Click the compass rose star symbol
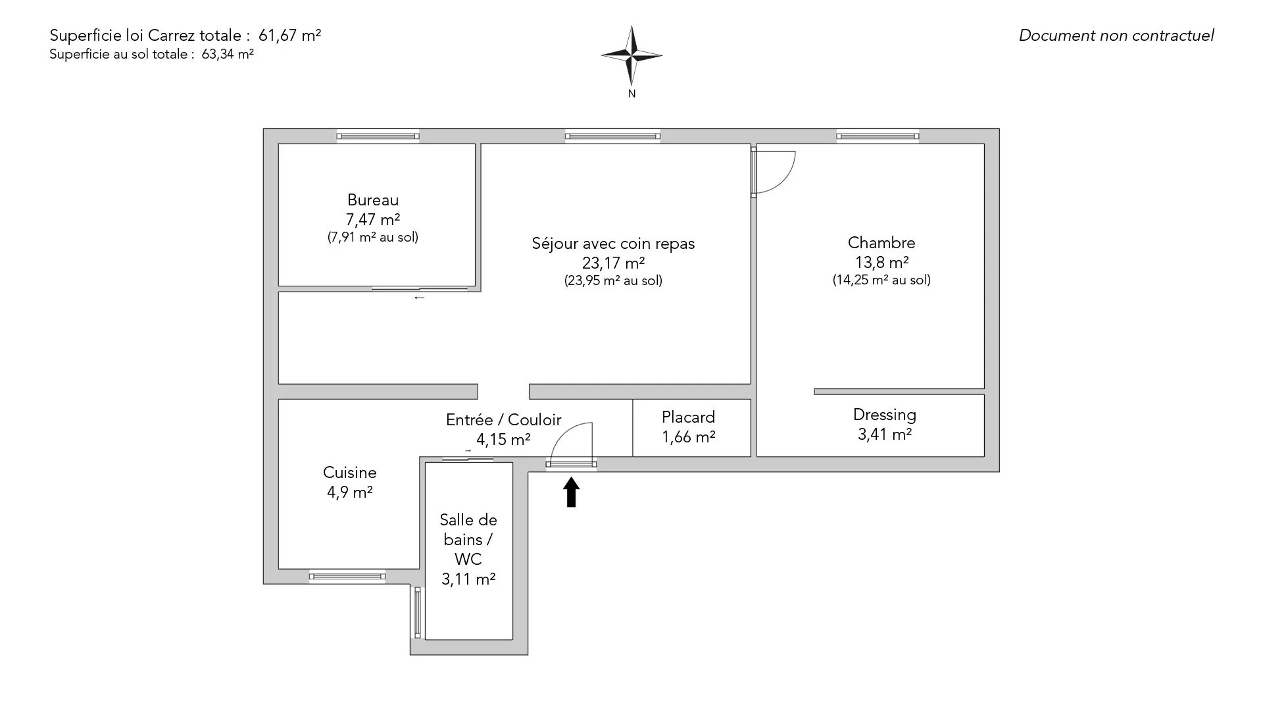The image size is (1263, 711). tap(631, 56)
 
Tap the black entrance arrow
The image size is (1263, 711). tap(572, 492)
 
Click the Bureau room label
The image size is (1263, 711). tap(373, 200)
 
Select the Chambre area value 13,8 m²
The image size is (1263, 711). tap(881, 263)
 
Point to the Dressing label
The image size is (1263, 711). tap(884, 415)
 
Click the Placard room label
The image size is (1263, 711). tap(688, 417)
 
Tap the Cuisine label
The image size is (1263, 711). tap(349, 473)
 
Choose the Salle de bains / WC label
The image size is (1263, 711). tap(468, 540)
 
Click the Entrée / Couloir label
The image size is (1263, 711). tap(504, 420)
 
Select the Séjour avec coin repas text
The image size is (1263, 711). tap(613, 244)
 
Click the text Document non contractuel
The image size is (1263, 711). tap(1116, 36)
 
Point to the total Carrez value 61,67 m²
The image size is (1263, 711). tap(294, 36)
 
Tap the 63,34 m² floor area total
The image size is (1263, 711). tap(228, 55)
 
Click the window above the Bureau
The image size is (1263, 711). tap(378, 136)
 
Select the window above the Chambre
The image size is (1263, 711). tap(878, 136)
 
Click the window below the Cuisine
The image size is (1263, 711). tap(347, 577)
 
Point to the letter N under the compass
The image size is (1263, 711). tap(631, 94)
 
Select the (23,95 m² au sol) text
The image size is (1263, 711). tap(613, 281)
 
